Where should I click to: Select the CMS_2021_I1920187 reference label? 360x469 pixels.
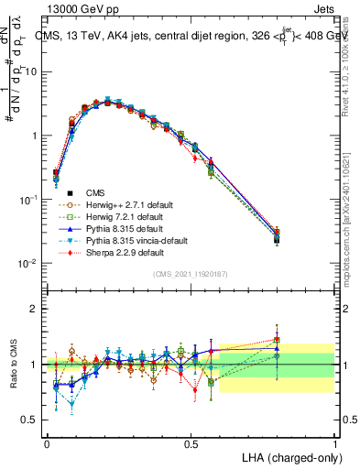pyautogui.click(x=191, y=273)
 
